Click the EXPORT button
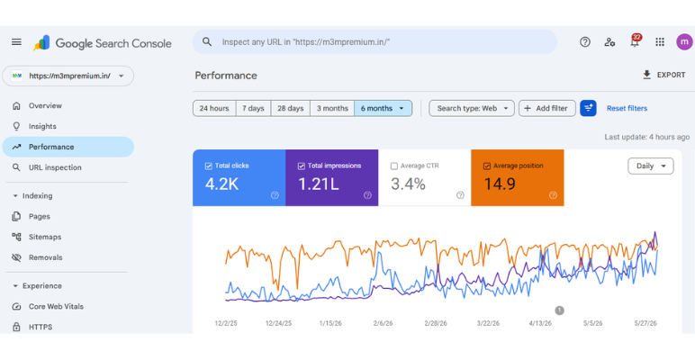pyautogui.click(x=663, y=75)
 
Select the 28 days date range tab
pyautogui.click(x=290, y=108)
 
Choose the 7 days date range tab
pyautogui.click(x=253, y=108)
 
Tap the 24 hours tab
pyautogui.click(x=214, y=108)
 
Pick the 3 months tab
pyautogui.click(x=332, y=108)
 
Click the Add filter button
pyautogui.click(x=547, y=108)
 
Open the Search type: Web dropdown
pyautogui.click(x=472, y=108)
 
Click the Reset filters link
pyautogui.click(x=627, y=108)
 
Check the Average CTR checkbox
pyautogui.click(x=394, y=166)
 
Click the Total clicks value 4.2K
pyautogui.click(x=221, y=184)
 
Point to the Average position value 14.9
pyautogui.click(x=500, y=184)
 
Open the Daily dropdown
pyautogui.click(x=651, y=166)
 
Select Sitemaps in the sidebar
pyautogui.click(x=45, y=237)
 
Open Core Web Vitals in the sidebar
pyautogui.click(x=56, y=306)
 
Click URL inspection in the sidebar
pyautogui.click(x=55, y=167)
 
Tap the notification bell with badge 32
pyautogui.click(x=635, y=41)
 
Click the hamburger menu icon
pyautogui.click(x=16, y=42)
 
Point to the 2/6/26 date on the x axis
pyautogui.click(x=383, y=323)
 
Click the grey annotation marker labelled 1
pyautogui.click(x=559, y=310)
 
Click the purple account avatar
pyautogui.click(x=684, y=42)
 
